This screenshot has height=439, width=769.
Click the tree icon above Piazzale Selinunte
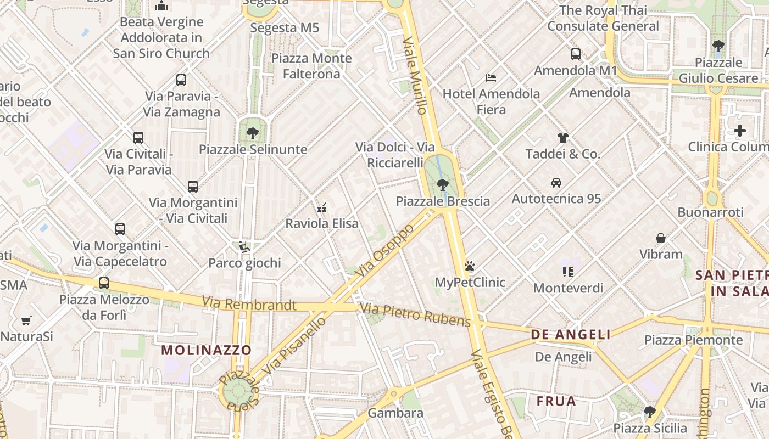click(x=252, y=133)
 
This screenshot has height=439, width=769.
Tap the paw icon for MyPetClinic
click(x=469, y=267)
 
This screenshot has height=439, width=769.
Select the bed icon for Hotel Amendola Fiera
click(x=491, y=78)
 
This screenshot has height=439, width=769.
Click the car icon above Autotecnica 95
click(x=556, y=183)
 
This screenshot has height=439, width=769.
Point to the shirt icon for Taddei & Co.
click(x=562, y=138)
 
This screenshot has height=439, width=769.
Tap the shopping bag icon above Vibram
click(x=661, y=238)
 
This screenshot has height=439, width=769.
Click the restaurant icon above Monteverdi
click(x=568, y=272)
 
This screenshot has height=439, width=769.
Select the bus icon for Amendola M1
click(x=575, y=54)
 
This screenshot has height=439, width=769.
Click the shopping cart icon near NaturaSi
click(x=26, y=320)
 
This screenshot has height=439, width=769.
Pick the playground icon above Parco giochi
click(x=244, y=247)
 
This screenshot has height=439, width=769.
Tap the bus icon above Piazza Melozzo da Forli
click(x=104, y=283)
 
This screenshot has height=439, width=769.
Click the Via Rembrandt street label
click(x=249, y=303)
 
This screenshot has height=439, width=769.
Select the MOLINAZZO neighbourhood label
click(x=206, y=350)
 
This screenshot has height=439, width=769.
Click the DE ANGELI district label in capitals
click(x=571, y=335)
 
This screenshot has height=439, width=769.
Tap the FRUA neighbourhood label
click(x=556, y=401)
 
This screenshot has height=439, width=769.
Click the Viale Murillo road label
click(x=415, y=76)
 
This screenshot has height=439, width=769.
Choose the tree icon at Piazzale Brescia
click(x=442, y=185)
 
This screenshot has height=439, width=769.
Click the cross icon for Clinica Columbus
click(x=740, y=131)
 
